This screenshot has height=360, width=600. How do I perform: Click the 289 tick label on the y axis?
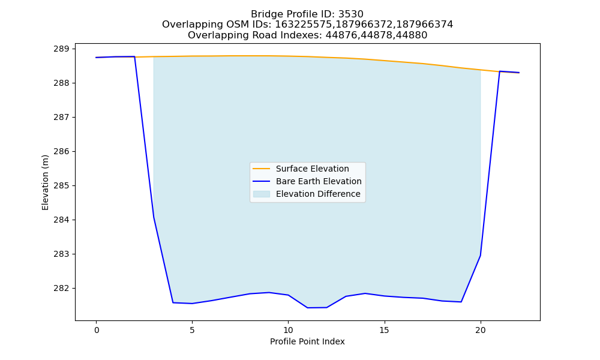[61, 49]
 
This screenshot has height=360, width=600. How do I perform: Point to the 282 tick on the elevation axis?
[61, 289]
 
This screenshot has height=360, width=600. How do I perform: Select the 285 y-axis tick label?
[61, 186]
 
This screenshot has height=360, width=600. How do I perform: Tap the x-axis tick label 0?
[97, 330]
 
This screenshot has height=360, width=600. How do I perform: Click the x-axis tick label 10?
[288, 330]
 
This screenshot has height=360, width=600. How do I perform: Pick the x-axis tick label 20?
[480, 330]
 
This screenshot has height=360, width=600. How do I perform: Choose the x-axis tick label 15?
[384, 330]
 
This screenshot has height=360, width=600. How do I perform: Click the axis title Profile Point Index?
[307, 341]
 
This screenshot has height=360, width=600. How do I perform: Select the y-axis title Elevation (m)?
[45, 182]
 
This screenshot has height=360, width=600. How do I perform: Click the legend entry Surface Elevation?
[312, 169]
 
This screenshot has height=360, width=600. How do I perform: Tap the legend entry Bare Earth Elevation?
[319, 181]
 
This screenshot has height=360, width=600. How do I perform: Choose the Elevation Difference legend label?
[318, 194]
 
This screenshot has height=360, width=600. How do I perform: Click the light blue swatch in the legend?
[262, 194]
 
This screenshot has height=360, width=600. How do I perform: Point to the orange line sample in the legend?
[262, 169]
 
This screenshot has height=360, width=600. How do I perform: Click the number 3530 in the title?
[351, 14]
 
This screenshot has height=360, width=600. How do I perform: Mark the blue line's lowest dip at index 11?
[307, 308]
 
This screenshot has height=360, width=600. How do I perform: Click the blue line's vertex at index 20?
[480, 256]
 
